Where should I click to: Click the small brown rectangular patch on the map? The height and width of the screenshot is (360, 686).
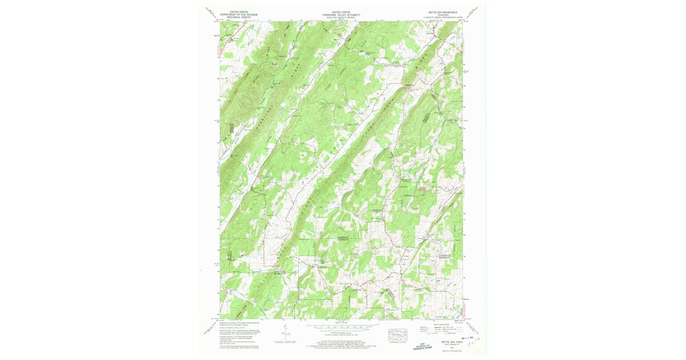424,188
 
